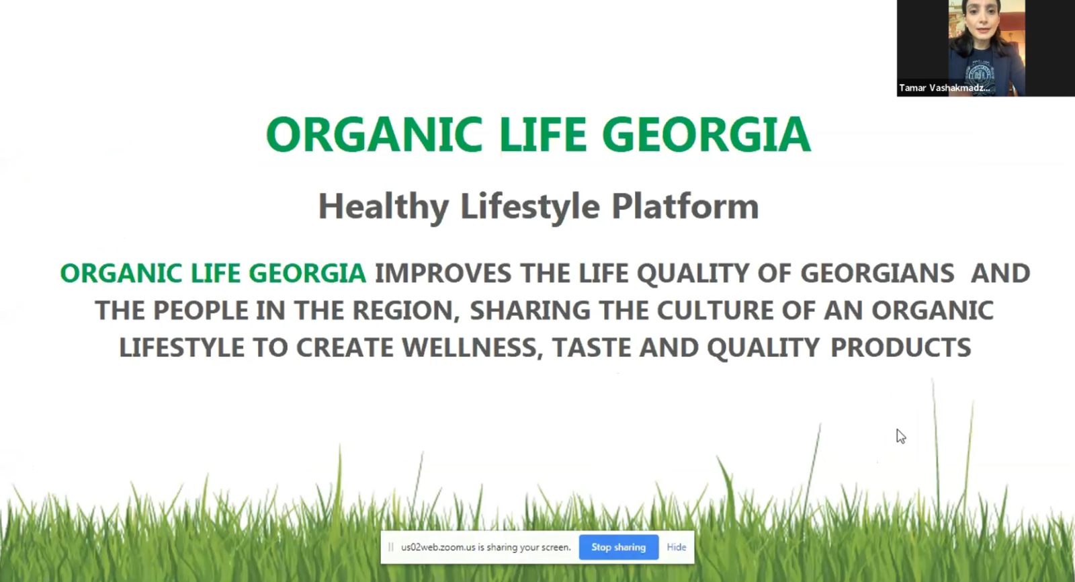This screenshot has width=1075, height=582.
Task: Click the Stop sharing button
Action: (x=619, y=547)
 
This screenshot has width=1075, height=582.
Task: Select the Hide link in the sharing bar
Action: (x=676, y=547)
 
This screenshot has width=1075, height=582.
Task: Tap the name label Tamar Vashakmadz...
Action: (x=944, y=88)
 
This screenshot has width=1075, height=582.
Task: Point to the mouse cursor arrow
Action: (x=901, y=437)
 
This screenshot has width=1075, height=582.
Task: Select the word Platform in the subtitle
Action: (x=685, y=206)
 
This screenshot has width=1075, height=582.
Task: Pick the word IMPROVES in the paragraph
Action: (x=443, y=274)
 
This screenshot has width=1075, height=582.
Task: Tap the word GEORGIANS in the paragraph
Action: (x=877, y=274)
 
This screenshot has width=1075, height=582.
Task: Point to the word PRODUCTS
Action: (x=901, y=347)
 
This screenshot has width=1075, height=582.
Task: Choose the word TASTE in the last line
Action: (x=591, y=347)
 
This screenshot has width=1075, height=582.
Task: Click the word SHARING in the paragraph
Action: (x=530, y=310)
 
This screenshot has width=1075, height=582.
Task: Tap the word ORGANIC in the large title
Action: (x=374, y=134)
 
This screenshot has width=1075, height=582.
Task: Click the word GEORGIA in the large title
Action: (x=706, y=134)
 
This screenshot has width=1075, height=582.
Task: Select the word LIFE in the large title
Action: (x=542, y=134)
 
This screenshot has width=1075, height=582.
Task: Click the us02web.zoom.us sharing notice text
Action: (x=486, y=547)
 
